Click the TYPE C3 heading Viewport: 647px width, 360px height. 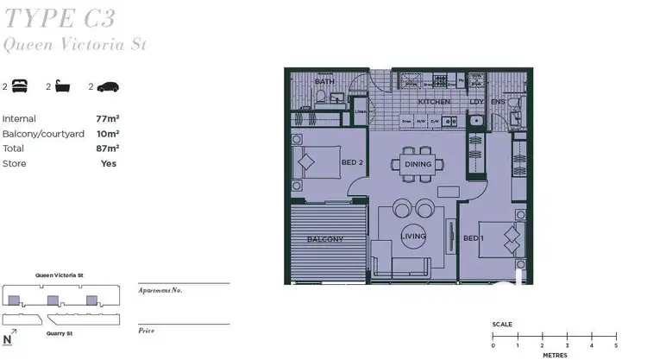pos(59,16)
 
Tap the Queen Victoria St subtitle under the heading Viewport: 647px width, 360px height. pos(74,43)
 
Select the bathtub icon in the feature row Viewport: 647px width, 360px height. pos(63,86)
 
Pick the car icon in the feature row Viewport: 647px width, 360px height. pos(107,86)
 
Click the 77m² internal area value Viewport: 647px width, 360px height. pos(107,118)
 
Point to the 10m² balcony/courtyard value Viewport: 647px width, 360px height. pos(107,134)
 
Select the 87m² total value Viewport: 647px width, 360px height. pos(107,148)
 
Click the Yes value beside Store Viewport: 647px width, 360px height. pos(109,163)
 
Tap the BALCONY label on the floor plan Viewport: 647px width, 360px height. pos(326,239)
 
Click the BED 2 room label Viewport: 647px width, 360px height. pos(351,162)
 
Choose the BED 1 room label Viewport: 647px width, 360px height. pos(472,238)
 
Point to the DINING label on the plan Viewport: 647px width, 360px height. pos(418,164)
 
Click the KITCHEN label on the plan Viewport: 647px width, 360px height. pos(434,102)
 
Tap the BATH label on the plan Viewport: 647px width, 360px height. pos(324,82)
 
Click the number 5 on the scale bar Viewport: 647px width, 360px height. pos(593,346)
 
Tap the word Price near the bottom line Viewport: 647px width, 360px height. pos(147,331)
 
